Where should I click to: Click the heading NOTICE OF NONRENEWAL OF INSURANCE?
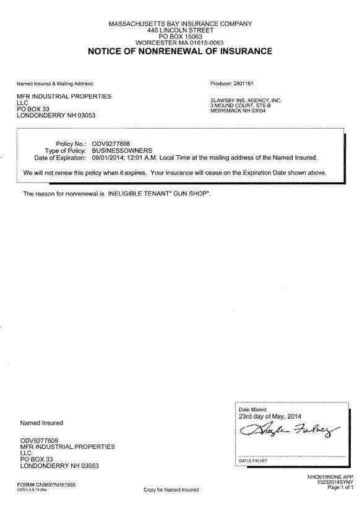pos(180,51)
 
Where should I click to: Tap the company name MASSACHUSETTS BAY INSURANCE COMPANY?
pos(180,23)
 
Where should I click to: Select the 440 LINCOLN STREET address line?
pos(180,30)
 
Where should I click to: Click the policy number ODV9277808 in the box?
pos(111,143)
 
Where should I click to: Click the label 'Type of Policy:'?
pos(66,150)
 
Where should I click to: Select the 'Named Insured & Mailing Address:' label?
pos(55,82)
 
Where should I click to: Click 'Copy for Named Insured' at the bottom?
pos(171,490)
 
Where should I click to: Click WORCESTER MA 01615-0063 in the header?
pos(180,42)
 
